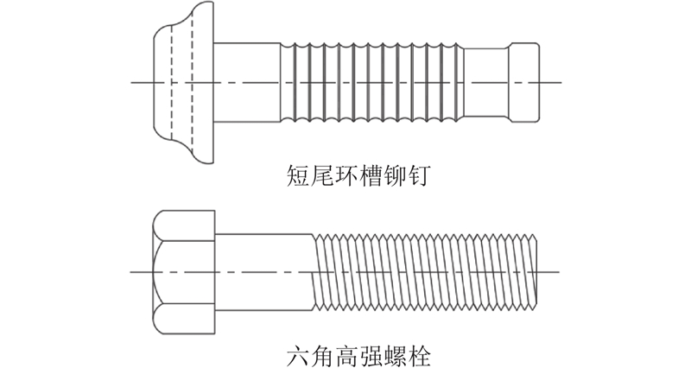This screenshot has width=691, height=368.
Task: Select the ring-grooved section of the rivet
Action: (371, 82)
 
